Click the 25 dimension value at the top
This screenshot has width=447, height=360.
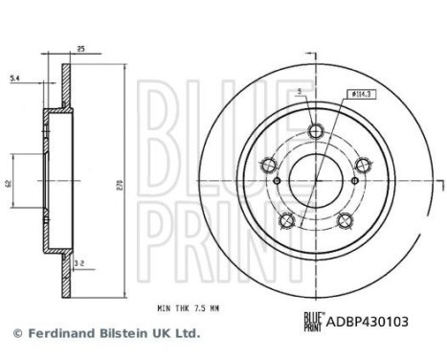[81, 49]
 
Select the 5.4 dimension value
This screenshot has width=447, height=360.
[15, 78]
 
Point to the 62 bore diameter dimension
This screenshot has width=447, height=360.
[9, 184]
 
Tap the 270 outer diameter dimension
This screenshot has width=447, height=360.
[122, 185]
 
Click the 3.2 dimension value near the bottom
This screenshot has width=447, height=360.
[79, 263]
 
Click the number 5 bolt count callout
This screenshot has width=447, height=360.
[299, 92]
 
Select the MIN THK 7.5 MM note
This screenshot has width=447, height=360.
[189, 308]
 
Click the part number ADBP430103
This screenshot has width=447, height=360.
[367, 322]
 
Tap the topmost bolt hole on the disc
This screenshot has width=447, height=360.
[316, 130]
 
